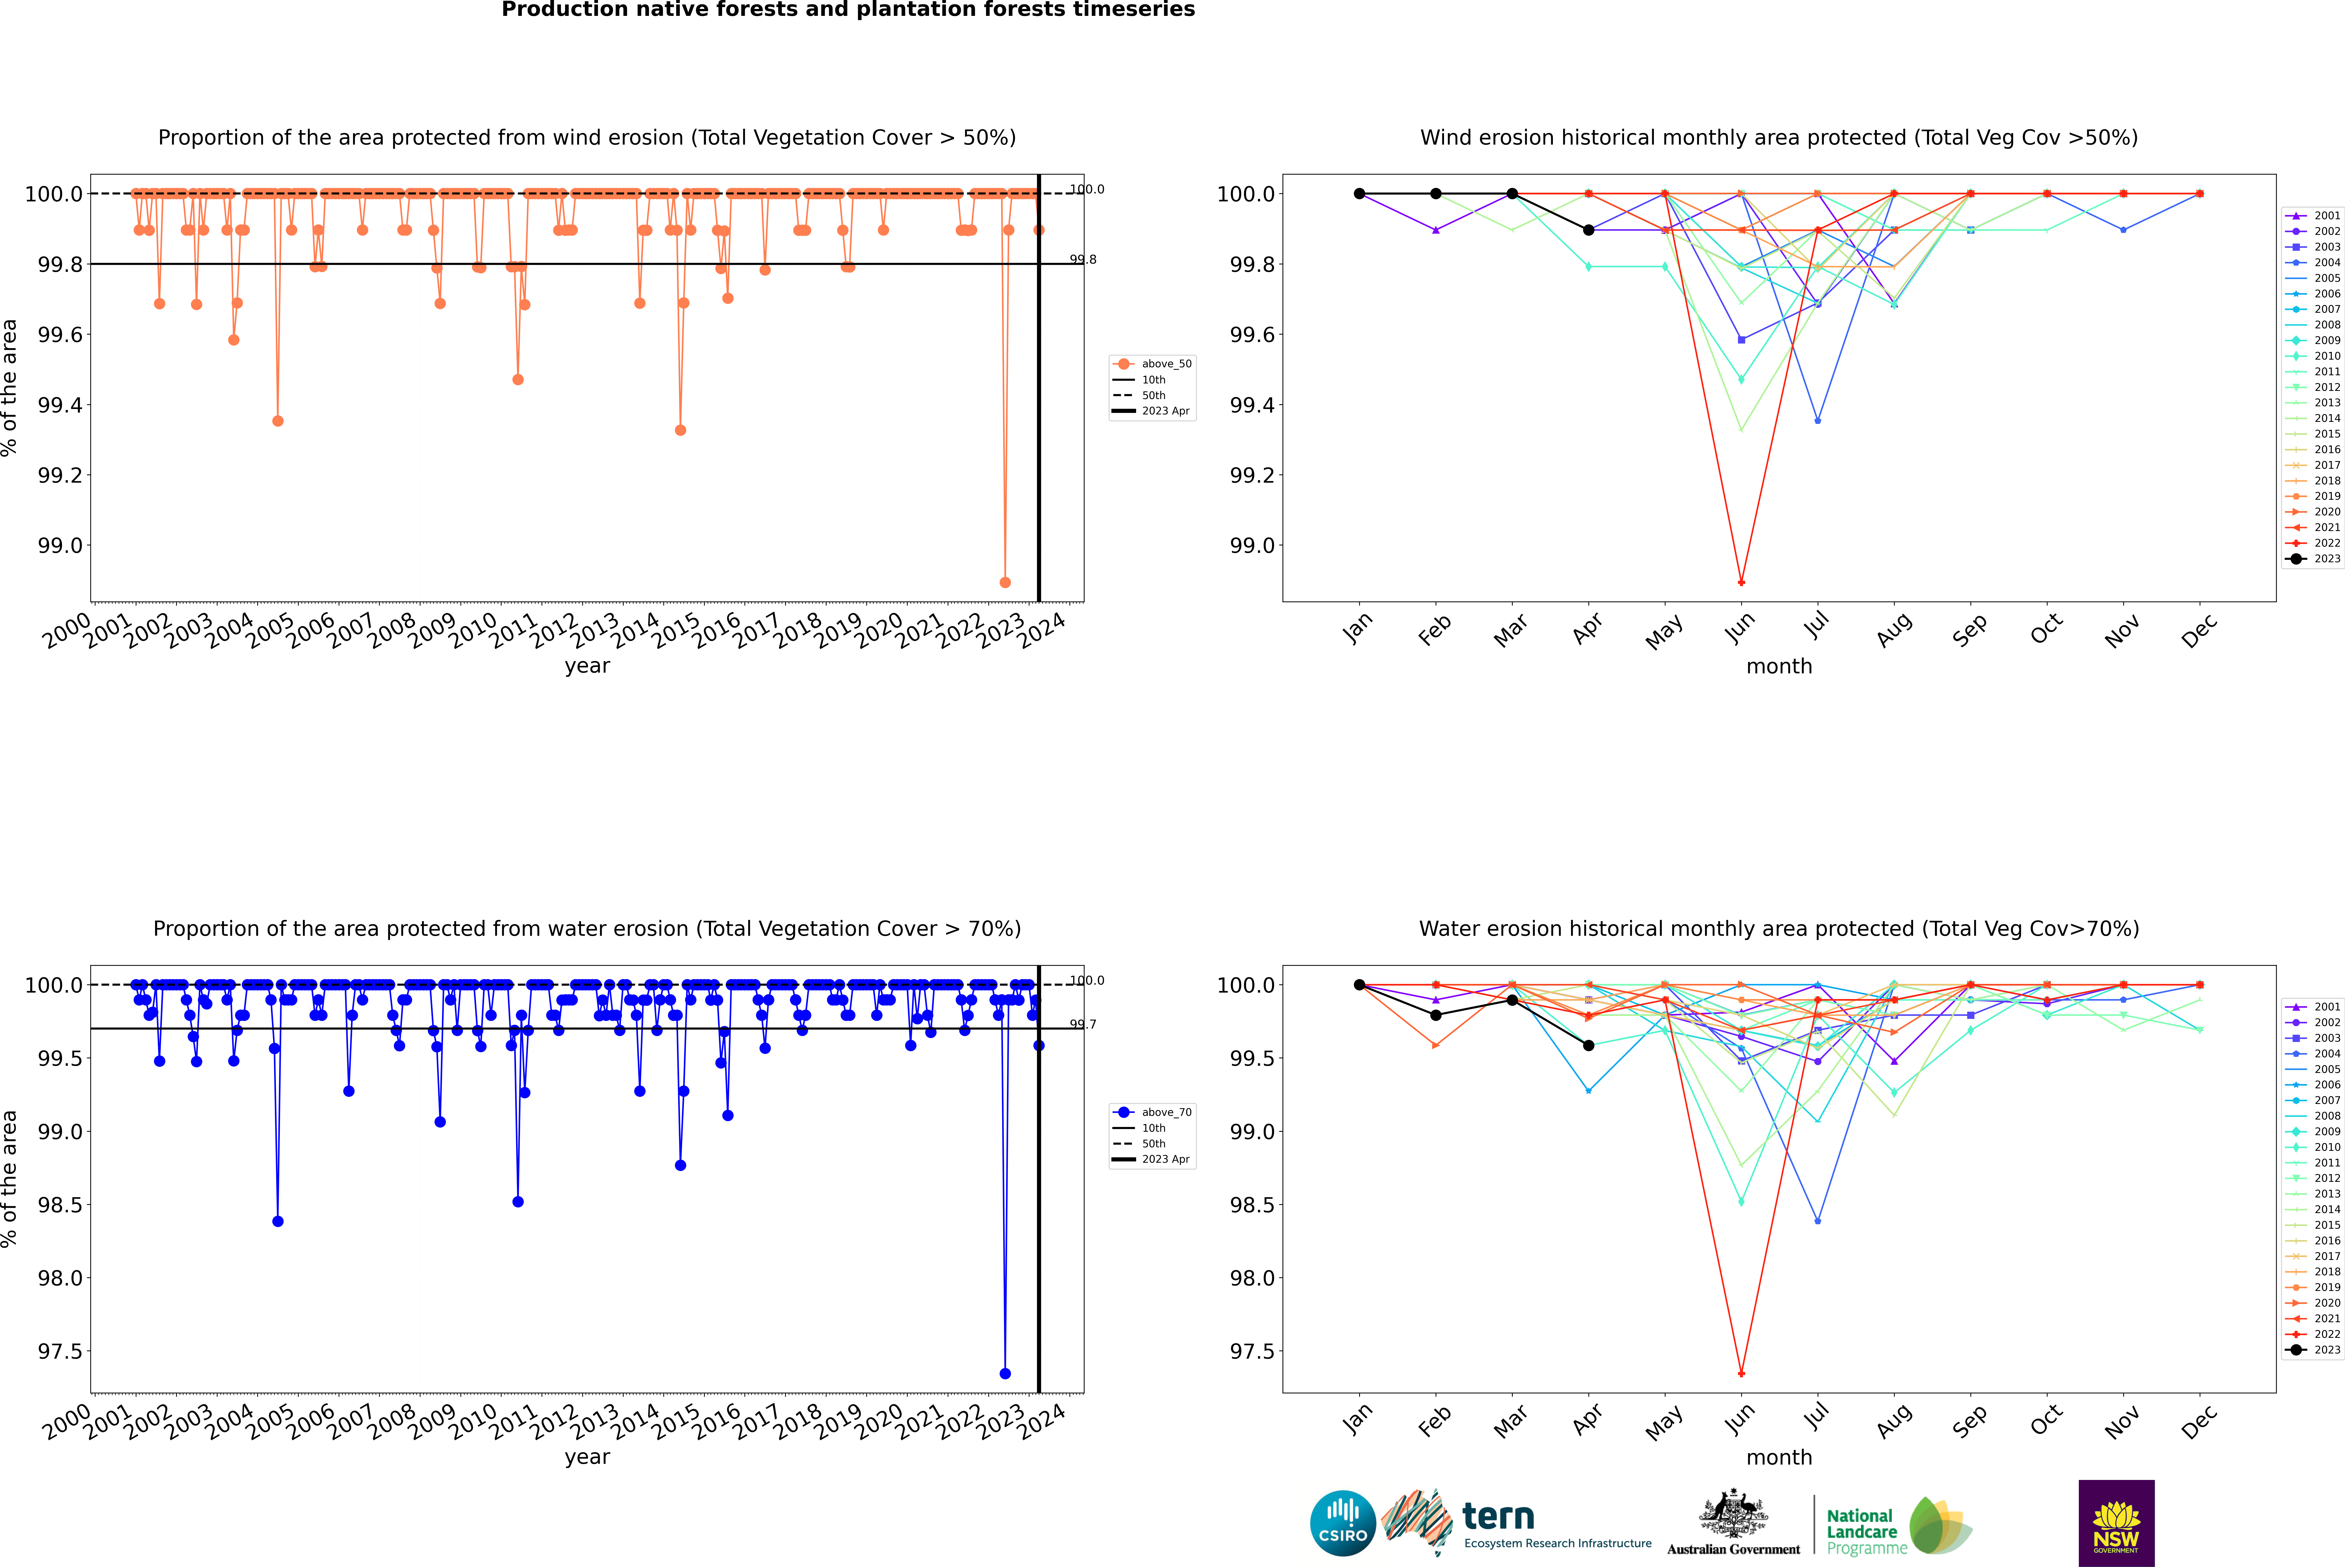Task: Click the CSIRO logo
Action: [x=1343, y=1523]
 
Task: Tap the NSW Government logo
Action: [x=2116, y=1523]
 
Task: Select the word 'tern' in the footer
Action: [x=1497, y=1517]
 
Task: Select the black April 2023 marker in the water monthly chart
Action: [x=1588, y=1045]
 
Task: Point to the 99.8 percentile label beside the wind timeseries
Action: [x=1083, y=260]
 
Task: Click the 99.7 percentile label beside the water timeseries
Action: [x=1083, y=1024]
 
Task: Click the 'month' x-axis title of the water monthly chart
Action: [x=1778, y=1457]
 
